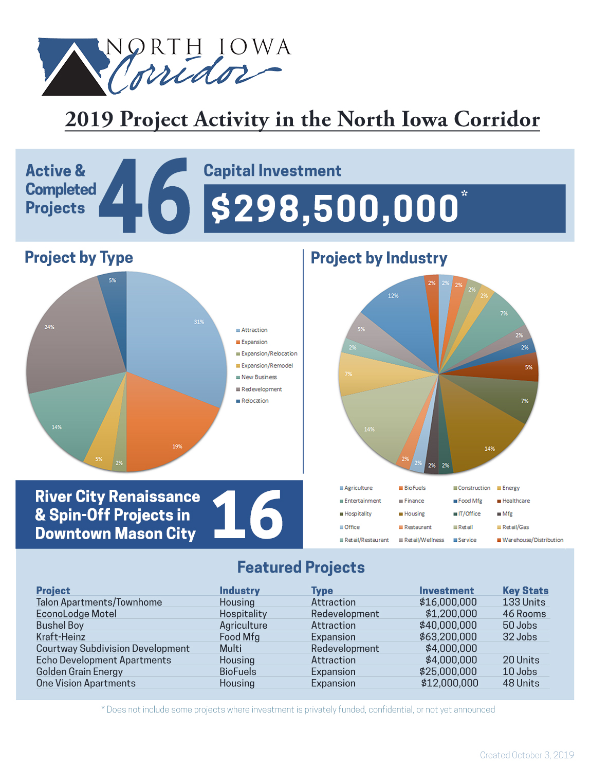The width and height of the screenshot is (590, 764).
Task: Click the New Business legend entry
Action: coord(256,377)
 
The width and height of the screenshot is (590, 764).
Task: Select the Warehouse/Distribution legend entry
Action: coord(530,540)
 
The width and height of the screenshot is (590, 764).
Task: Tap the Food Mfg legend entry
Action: coord(468,501)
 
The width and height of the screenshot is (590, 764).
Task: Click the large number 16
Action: coord(248,514)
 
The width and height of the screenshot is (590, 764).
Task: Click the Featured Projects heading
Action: coord(301,567)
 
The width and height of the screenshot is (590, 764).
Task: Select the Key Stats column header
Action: coord(525,591)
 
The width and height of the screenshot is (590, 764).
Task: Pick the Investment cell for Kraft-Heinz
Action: coord(448,637)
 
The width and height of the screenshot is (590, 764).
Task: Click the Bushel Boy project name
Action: coord(60,625)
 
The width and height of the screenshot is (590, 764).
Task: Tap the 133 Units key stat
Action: coord(524,602)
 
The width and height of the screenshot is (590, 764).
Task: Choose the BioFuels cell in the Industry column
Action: coord(238,671)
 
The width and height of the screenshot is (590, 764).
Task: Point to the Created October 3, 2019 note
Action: coord(527,755)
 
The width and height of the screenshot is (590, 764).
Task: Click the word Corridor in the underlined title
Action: coord(497,119)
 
